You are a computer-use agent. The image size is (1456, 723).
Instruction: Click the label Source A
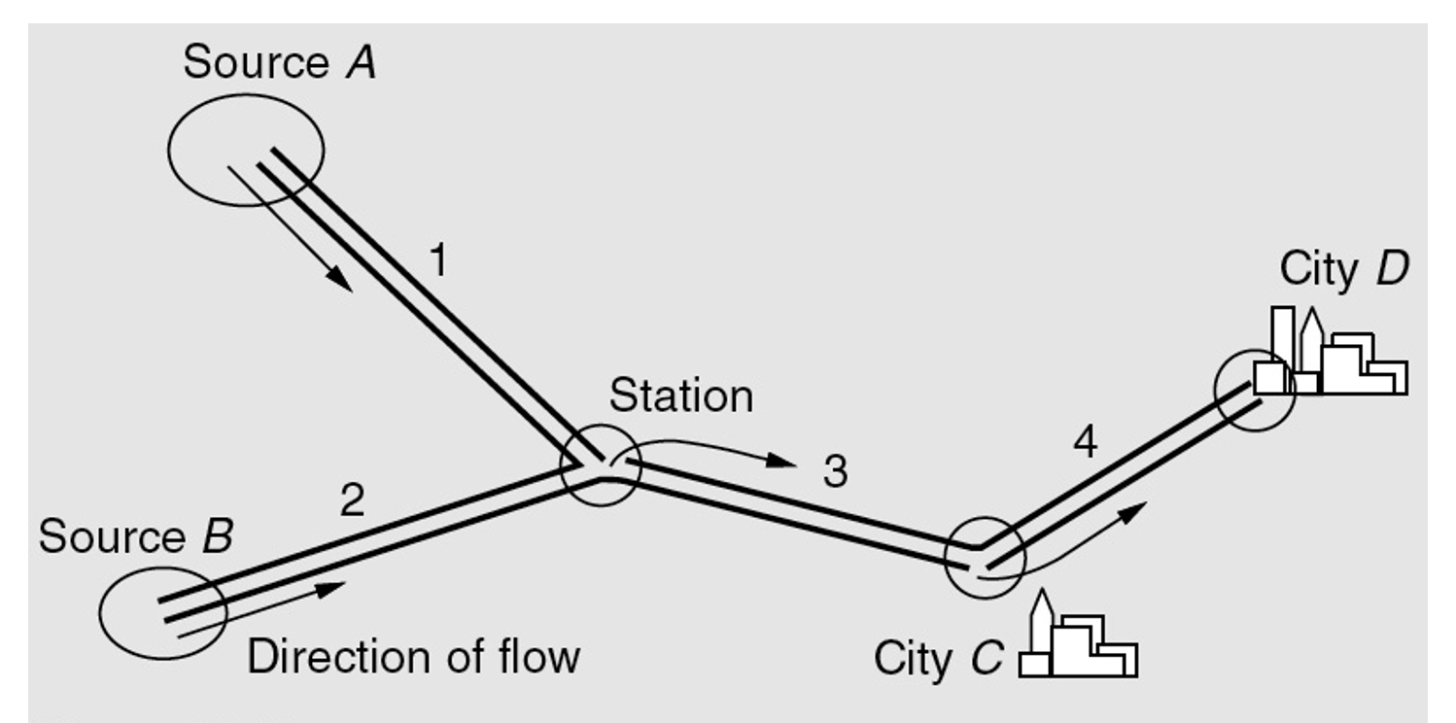pyautogui.click(x=280, y=63)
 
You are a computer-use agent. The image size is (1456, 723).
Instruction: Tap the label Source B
pyautogui.click(x=136, y=536)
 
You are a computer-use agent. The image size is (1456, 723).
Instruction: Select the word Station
pyautogui.click(x=680, y=396)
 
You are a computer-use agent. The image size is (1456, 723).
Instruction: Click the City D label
pyautogui.click(x=1343, y=269)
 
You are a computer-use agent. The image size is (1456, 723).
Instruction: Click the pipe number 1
pyautogui.click(x=438, y=260)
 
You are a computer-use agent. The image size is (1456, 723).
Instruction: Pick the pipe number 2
pyautogui.click(x=352, y=499)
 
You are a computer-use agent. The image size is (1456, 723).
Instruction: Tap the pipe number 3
pyautogui.click(x=835, y=472)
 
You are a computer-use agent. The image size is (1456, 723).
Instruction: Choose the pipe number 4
pyautogui.click(x=1085, y=443)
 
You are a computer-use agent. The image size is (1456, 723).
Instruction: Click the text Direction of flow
pyautogui.click(x=413, y=657)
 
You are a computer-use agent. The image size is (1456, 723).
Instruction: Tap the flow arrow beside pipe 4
pyautogui.click(x=1069, y=544)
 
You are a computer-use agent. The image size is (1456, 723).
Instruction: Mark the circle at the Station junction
pyautogui.click(x=601, y=465)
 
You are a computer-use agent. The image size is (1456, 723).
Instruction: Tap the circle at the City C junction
pyautogui.click(x=984, y=558)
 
